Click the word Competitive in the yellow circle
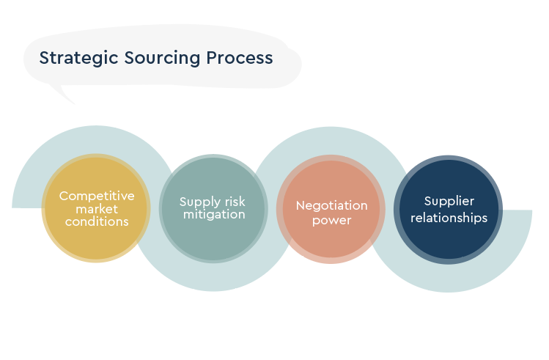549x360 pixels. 97,196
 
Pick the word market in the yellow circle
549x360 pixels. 97,209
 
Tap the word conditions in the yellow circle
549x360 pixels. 97,221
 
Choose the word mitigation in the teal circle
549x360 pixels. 213,215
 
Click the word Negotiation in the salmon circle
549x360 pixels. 331,205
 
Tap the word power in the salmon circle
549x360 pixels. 331,219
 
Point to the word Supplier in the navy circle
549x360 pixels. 449,202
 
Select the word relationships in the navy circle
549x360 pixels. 449,217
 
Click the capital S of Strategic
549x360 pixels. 44,58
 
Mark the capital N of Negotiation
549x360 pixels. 300,205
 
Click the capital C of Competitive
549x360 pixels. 63,196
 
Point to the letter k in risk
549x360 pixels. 243,202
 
